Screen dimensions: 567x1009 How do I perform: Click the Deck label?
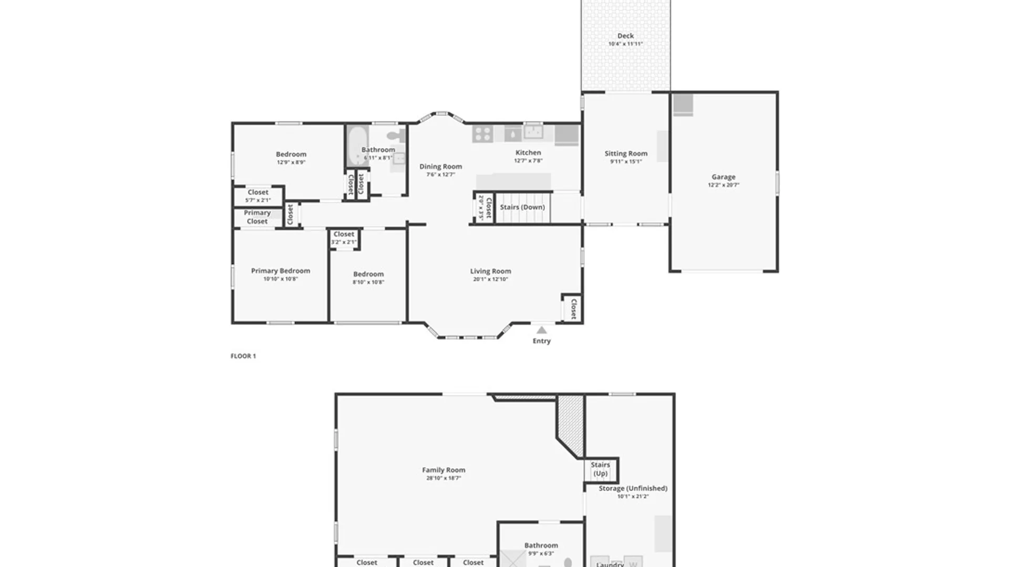[625, 36]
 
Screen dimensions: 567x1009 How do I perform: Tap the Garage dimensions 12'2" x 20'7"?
[723, 185]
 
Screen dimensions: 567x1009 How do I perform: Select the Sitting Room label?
[625, 153]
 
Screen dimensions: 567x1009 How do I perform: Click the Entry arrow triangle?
[541, 330]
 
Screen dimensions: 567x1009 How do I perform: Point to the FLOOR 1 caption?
[243, 356]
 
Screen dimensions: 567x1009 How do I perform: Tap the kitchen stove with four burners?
[482, 134]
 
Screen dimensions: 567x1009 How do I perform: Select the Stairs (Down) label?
[522, 207]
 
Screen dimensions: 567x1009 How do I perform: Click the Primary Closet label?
[257, 217]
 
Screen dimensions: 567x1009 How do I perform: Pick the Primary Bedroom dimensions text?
[280, 279]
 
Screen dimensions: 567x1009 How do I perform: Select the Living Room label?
[490, 271]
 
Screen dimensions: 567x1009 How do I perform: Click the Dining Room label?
[440, 166]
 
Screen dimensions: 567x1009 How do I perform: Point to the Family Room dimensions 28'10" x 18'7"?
[443, 478]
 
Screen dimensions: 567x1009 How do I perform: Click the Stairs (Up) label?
[600, 469]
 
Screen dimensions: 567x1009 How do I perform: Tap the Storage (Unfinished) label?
[633, 488]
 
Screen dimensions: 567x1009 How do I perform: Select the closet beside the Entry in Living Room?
[573, 309]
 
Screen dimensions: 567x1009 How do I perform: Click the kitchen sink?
[533, 131]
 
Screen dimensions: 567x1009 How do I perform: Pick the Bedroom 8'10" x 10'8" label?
[368, 274]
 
